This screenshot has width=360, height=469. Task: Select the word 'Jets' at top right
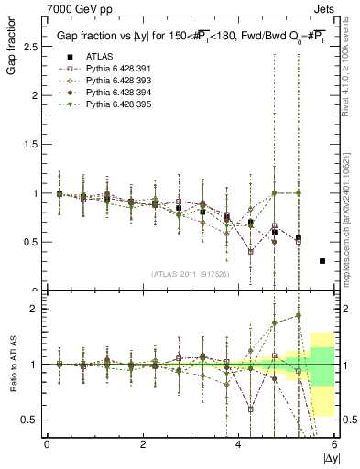click(x=326, y=9)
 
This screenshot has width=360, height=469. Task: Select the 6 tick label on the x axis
click(x=334, y=444)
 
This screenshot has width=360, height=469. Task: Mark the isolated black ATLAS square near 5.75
click(x=322, y=261)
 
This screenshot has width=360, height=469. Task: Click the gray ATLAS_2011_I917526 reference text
click(x=191, y=275)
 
